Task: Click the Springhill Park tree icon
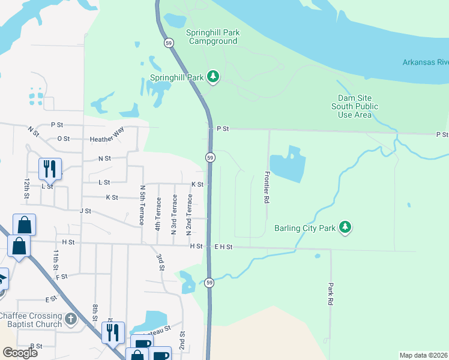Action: [212, 76]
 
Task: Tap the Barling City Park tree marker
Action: [345, 227]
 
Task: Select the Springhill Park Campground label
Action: [212, 37]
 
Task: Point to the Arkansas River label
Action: [425, 62]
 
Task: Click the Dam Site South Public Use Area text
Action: [358, 106]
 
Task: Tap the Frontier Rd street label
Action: [265, 187]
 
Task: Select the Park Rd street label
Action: [330, 296]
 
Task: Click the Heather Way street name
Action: [106, 139]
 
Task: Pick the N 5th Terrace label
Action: [142, 205]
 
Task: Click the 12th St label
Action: [26, 188]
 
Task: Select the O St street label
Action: [63, 139]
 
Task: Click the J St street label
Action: [85, 211]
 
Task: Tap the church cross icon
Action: [71, 319]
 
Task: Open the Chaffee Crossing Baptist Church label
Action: [31, 320]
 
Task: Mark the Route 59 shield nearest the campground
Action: [169, 43]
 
